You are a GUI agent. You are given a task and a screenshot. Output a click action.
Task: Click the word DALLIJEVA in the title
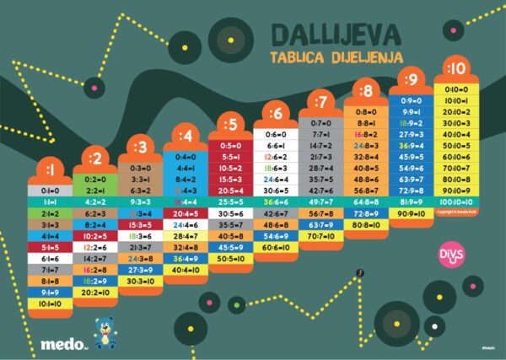pyautogui.click(x=336, y=35)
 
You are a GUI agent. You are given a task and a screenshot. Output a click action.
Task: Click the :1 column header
pyautogui.click(x=49, y=170)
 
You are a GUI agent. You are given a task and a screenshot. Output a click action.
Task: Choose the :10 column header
pyautogui.click(x=456, y=69)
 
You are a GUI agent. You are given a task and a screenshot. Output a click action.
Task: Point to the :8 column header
pyautogui.click(x=365, y=89)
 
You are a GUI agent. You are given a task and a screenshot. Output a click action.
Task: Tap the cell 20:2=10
pyautogui.click(x=94, y=292)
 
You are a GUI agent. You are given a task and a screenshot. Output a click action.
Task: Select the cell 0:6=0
pyautogui.click(x=276, y=134)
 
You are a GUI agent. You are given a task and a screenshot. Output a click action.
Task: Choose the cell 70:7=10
pyautogui.click(x=320, y=237)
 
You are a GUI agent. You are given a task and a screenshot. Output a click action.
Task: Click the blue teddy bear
pyautogui.click(x=105, y=332)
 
